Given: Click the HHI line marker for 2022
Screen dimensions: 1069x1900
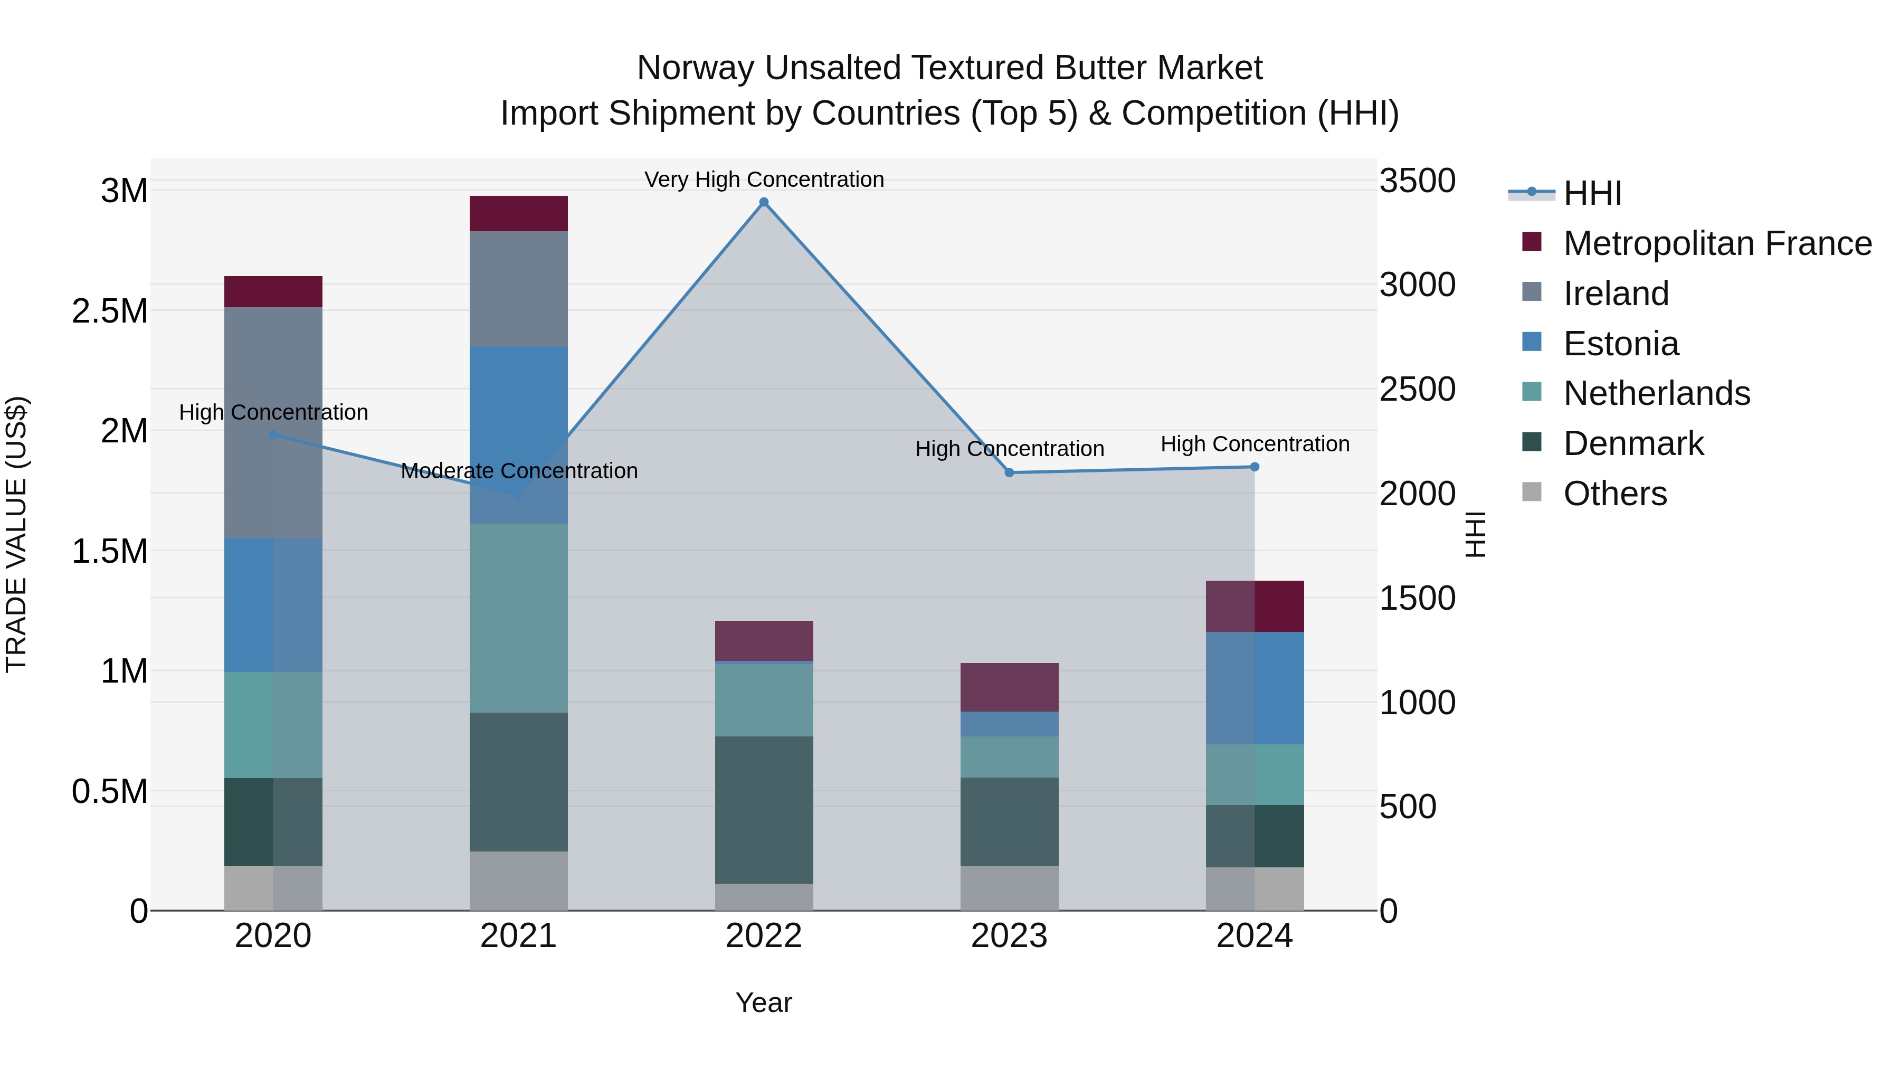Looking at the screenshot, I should click(x=764, y=202).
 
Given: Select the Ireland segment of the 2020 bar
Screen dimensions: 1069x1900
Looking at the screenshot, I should click(x=273, y=422).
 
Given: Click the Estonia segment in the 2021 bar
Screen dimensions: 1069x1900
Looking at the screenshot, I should click(x=518, y=434).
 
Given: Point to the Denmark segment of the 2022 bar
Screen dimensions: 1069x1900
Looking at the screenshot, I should click(x=764, y=809).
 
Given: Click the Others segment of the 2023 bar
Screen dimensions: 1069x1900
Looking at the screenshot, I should click(x=1009, y=887).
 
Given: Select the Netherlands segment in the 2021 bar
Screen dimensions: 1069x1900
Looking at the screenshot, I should click(x=518, y=618).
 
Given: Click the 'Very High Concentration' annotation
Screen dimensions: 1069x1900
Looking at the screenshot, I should click(x=764, y=179).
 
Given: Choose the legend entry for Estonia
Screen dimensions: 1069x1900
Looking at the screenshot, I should click(x=1620, y=344).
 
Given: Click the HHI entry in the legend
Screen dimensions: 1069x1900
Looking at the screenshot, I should click(x=1592, y=193).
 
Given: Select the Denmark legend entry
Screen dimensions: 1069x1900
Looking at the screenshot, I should click(x=1633, y=443).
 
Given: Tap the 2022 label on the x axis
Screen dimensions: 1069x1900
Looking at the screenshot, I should click(x=764, y=936).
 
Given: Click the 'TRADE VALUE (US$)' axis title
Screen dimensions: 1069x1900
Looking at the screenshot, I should click(x=16, y=534).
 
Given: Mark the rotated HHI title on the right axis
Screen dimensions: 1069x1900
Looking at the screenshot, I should click(x=1475, y=534).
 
